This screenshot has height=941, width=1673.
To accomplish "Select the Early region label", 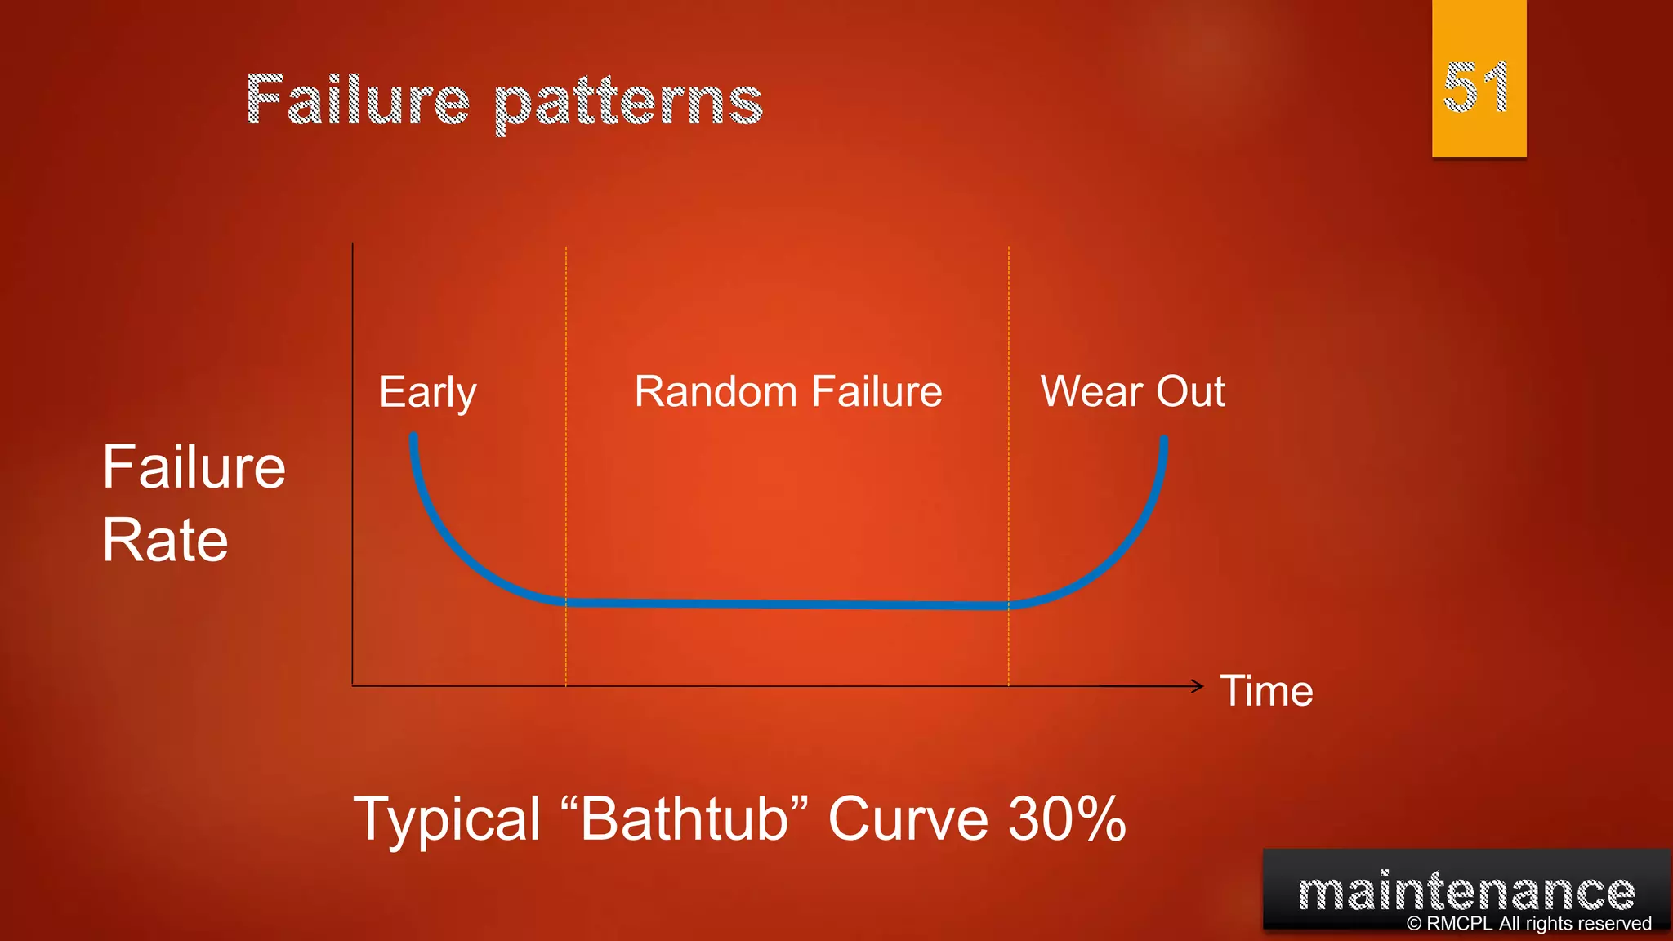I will (427, 392).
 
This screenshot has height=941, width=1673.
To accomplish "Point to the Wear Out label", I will (1132, 391).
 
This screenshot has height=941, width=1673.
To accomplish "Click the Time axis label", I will (1266, 691).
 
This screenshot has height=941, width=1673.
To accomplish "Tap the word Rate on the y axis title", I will (165, 541).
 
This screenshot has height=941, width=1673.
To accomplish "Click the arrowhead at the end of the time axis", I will (1198, 686).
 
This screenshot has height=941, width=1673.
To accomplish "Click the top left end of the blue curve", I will (413, 439).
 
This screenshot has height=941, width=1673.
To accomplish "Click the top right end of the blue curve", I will (1163, 441).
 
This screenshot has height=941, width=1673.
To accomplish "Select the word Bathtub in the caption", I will (685, 818).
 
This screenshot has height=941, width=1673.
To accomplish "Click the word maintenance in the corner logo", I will (1466, 891).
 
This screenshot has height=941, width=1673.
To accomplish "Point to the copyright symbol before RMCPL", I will (1414, 924).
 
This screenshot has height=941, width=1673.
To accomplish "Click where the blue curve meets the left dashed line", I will (566, 602).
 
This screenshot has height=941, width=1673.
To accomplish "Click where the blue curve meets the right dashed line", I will (1009, 605).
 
